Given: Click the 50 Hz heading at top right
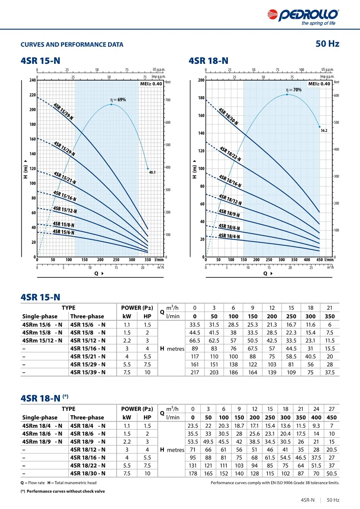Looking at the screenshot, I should click(x=327, y=44).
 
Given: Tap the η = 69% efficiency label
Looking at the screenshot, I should click(x=118, y=100).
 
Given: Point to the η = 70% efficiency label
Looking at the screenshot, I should click(x=294, y=90).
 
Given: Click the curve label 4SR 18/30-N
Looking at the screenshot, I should click(x=228, y=116).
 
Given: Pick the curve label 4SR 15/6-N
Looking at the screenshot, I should click(x=64, y=232).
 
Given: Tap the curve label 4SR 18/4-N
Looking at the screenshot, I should click(x=229, y=236).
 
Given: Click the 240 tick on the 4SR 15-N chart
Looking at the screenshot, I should click(x=33, y=80).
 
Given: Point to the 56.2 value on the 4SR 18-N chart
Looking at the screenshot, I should click(x=324, y=131).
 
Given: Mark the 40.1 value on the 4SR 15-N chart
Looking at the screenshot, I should click(x=152, y=173).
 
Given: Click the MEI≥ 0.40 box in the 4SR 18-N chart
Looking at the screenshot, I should click(x=319, y=84).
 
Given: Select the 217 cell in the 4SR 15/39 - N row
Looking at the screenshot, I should click(x=195, y=372).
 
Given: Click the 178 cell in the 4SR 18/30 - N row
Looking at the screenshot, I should click(x=193, y=473).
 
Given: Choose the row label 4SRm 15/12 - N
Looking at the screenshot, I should click(x=42, y=341).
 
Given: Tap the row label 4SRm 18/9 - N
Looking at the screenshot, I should click(x=42, y=442).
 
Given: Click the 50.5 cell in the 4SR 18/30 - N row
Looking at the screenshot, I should click(x=332, y=473).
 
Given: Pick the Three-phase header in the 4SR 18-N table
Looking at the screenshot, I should click(x=87, y=418).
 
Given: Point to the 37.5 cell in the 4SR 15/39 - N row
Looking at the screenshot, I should click(x=330, y=372).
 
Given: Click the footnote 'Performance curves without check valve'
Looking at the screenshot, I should click(x=66, y=492).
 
